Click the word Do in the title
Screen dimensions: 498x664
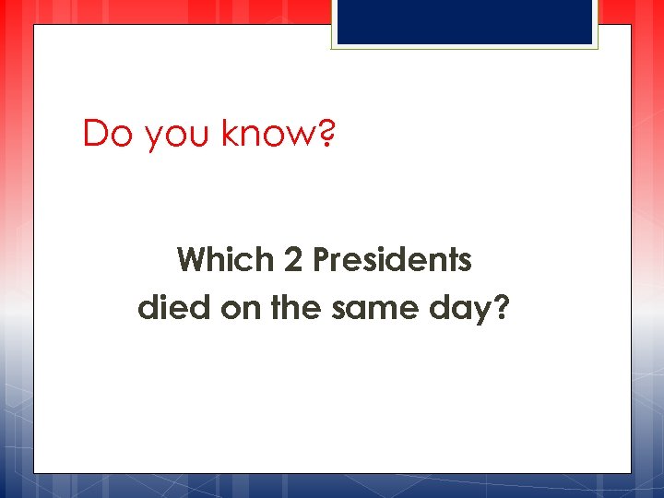point(102,134)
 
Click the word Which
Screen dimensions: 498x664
point(226,260)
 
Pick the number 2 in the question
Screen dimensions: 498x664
point(293,261)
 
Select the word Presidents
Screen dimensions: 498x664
point(393,260)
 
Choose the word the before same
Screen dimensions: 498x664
point(295,306)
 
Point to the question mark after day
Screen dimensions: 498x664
point(501,306)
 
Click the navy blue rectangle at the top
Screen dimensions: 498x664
point(465,22)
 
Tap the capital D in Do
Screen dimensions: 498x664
point(95,134)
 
